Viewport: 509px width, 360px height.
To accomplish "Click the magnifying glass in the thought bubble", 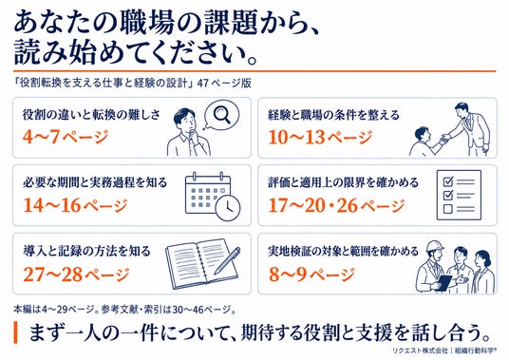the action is (222, 114).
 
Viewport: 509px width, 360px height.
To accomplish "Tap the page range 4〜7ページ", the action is (66, 137).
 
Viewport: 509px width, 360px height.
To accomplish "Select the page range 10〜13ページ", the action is (320, 137).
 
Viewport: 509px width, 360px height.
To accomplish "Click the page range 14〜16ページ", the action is (75, 205).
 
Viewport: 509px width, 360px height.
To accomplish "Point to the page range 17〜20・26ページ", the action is (336, 205).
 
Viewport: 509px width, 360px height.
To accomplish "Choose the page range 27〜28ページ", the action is (76, 275).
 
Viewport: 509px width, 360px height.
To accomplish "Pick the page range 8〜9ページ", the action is (311, 275).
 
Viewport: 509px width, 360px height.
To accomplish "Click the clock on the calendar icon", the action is (228, 207).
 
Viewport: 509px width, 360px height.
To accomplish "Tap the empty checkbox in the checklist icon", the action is (447, 208).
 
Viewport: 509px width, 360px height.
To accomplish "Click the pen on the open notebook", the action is (227, 260).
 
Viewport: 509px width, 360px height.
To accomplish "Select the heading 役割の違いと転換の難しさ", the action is (91, 115).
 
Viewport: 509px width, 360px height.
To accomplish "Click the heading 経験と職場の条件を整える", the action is (333, 115).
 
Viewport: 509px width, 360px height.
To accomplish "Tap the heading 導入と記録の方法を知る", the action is (86, 252).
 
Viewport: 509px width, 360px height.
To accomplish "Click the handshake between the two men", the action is (445, 139).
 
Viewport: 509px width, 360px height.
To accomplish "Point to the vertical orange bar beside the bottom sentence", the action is (15, 332).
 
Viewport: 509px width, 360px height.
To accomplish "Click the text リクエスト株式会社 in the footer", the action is (420, 351).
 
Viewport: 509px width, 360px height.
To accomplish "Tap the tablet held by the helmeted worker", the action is (443, 282).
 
